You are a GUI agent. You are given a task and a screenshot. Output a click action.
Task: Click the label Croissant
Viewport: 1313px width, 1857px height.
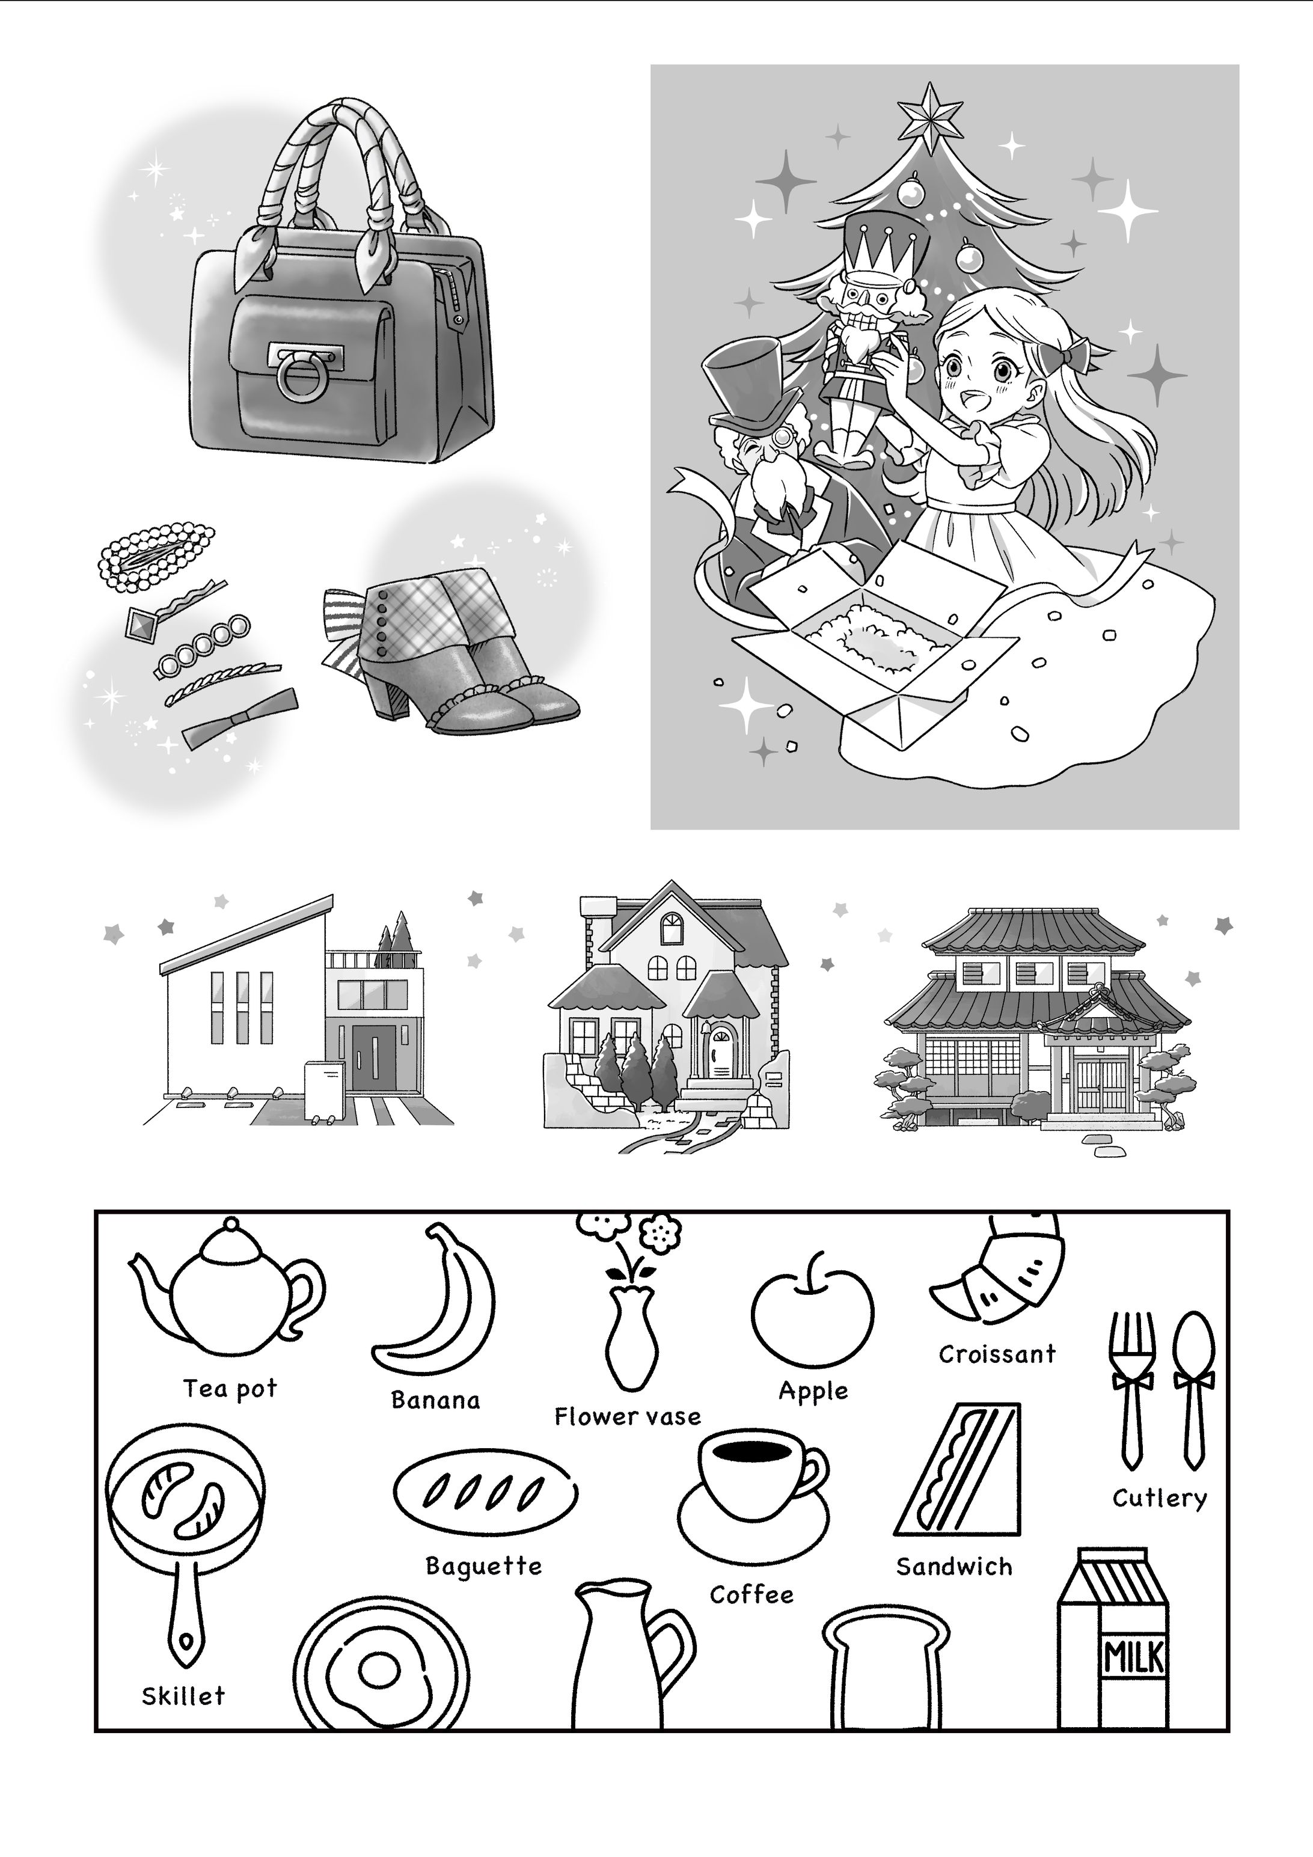click(x=997, y=1354)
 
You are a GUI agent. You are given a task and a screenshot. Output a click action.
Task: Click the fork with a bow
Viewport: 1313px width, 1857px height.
click(x=1131, y=1390)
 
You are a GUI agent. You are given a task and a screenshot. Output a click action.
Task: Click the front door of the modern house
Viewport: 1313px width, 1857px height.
click(x=374, y=1058)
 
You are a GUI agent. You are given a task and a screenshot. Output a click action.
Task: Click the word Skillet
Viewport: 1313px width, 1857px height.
click(x=183, y=1695)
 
